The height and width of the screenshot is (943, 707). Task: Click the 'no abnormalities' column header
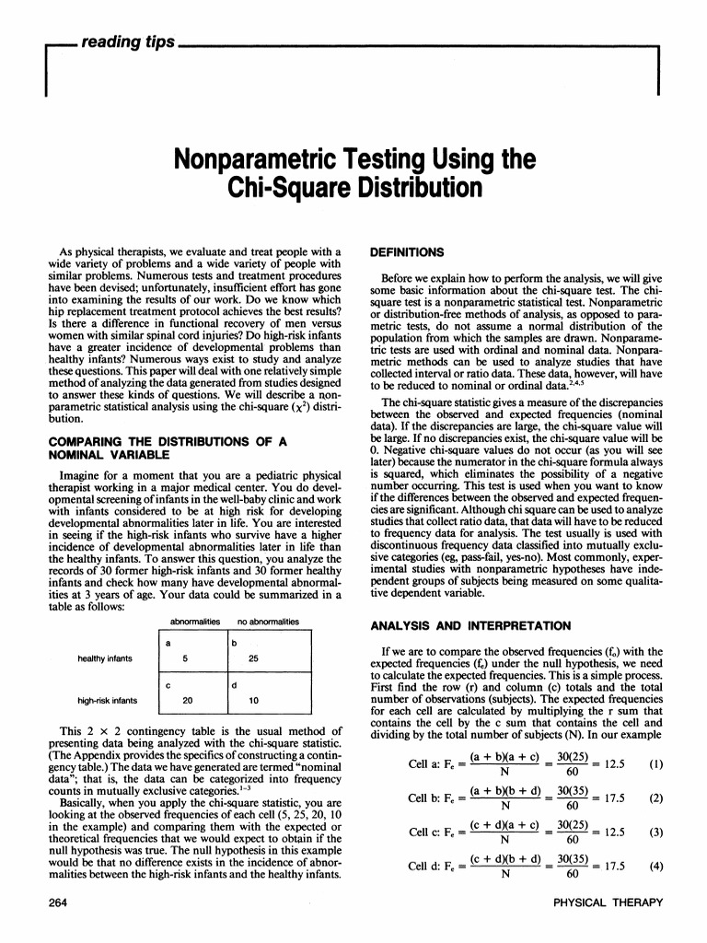(x=268, y=597)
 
